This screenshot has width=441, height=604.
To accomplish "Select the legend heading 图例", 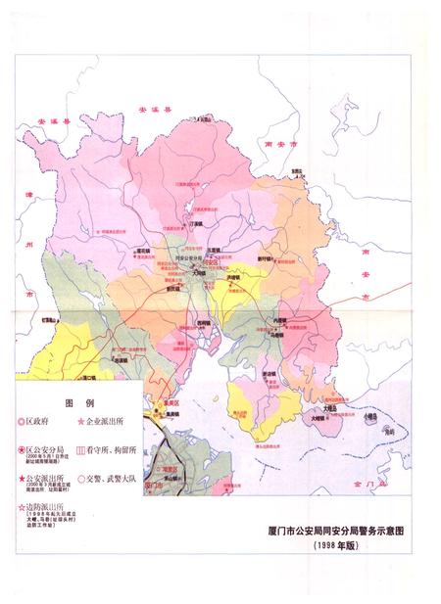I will pyautogui.click(x=77, y=402).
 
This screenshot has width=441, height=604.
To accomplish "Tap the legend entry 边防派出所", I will pyautogui.click(x=38, y=506).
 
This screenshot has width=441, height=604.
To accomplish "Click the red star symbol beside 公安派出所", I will pyautogui.click(x=21, y=478).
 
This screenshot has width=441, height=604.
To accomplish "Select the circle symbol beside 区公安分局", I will pyautogui.click(x=21, y=448).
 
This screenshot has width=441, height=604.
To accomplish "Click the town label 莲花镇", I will pyautogui.click(x=143, y=251).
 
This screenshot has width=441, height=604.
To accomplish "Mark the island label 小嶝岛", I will pyautogui.click(x=370, y=414).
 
